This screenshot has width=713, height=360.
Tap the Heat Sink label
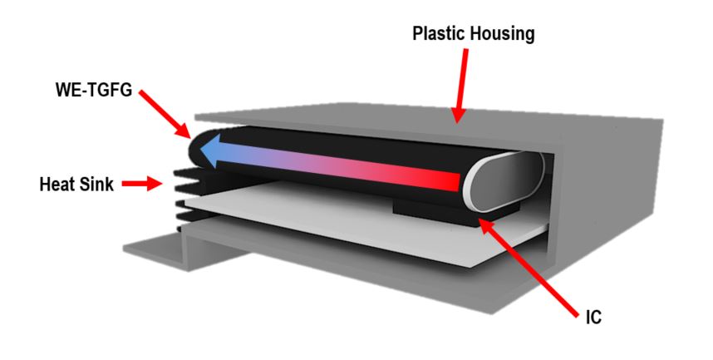(76, 183)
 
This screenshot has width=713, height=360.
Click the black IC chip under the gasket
(424, 211)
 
